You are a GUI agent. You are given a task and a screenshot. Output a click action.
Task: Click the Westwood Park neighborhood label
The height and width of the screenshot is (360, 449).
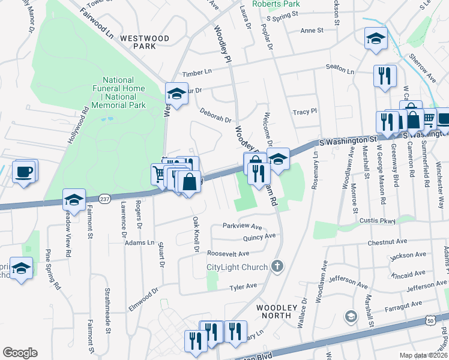point(144,41)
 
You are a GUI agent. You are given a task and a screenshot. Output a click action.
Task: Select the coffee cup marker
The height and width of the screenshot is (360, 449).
point(24,172)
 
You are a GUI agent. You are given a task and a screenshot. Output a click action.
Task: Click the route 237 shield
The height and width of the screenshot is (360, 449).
point(104,199)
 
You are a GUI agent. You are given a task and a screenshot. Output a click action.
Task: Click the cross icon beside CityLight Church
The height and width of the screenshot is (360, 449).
point(276,266)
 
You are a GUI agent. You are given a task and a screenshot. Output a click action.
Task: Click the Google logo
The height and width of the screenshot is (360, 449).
point(20,353)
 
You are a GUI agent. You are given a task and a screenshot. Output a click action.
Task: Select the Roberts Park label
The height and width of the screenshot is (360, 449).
point(276,4)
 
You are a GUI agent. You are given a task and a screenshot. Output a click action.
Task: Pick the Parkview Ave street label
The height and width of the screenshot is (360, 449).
point(243,227)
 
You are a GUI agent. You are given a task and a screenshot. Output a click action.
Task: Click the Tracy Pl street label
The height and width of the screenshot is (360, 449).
point(304,112)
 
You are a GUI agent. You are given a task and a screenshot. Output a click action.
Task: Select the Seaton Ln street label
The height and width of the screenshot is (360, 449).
point(340,69)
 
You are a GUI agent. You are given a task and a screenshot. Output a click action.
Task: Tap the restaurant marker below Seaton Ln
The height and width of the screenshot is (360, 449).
point(385,76)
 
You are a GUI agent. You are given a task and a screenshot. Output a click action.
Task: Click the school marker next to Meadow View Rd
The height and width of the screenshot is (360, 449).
point(74,200)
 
